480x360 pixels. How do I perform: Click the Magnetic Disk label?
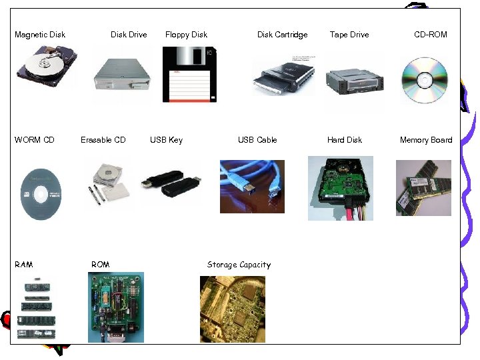pos(40,35)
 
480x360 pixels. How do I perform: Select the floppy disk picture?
pos(189,74)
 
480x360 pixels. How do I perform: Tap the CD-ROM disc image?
pos(424,80)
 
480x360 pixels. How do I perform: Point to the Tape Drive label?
pos(349,35)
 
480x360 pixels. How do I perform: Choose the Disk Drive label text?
pos(129,35)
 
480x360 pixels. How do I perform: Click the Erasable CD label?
pos(103,140)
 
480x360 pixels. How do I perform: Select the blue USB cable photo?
pos(252,186)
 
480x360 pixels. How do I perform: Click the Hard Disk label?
pos(344,140)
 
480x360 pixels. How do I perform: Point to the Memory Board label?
pos(425,140)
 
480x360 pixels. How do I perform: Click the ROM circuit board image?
pos(115,307)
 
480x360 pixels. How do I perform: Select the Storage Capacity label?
pos(239,265)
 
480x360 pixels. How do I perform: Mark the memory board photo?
pos(423,188)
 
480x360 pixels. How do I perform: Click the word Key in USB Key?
pos(175,140)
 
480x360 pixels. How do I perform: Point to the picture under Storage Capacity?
pos(232,309)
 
